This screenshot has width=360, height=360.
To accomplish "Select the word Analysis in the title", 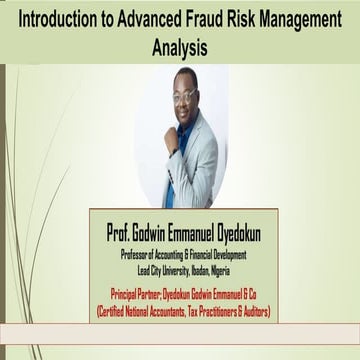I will [x=180, y=45].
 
